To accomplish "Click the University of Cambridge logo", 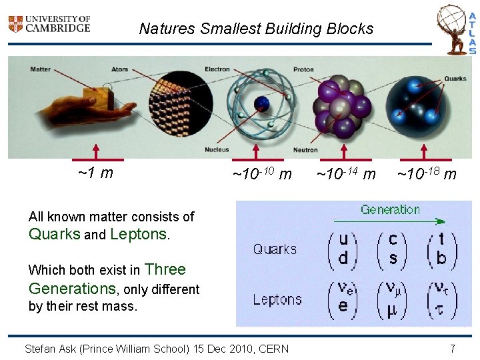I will pos(48,25).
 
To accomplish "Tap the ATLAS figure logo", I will pos(463,29).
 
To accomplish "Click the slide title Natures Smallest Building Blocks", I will pos(256,29).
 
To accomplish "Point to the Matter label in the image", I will pos(40,69).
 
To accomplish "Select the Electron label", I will pos(217,69).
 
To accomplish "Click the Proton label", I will pos(303,69).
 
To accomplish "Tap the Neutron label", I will pos(305,149).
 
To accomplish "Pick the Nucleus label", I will pos(217,149).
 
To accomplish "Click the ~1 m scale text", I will pos(95,174).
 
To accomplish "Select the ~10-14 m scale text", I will pos(345,175).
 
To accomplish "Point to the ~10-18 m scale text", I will pos(427,175).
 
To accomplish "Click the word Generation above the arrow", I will pos(390,210).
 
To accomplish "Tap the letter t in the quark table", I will pos(441,239).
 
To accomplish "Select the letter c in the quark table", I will pos(393,239).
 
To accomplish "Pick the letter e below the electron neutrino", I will pos(343,307).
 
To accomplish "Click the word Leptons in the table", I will pos(277,299).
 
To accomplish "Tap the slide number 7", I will pos(452,348).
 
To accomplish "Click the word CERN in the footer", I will pos(273,348).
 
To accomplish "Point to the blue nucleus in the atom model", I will pos(262,104).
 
